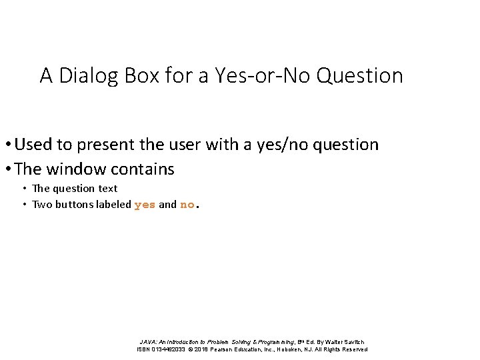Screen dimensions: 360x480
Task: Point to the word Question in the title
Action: click(x=360, y=76)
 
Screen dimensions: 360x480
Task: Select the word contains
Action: click(x=144, y=169)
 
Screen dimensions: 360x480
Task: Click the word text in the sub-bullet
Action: click(x=107, y=189)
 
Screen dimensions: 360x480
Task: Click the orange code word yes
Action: click(x=145, y=205)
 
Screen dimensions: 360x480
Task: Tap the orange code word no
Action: click(x=187, y=205)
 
